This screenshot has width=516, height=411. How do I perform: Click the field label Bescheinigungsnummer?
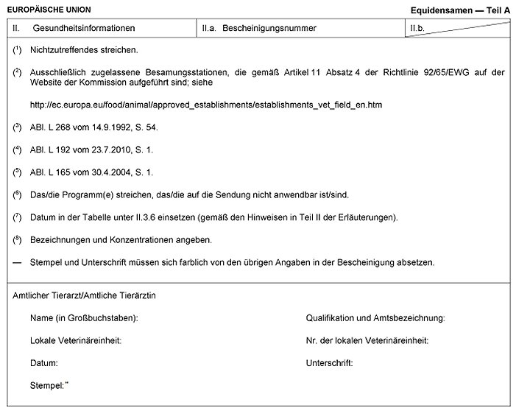point(269,29)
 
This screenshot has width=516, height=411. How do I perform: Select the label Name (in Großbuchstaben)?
point(85,318)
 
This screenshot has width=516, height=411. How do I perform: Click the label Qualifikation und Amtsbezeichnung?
point(375,318)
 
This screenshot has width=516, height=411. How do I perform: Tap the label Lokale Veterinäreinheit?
point(75,340)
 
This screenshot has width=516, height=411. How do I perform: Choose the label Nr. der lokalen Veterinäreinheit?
point(367,340)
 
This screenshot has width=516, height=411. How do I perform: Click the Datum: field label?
point(44,363)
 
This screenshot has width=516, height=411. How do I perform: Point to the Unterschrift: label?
point(330,363)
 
